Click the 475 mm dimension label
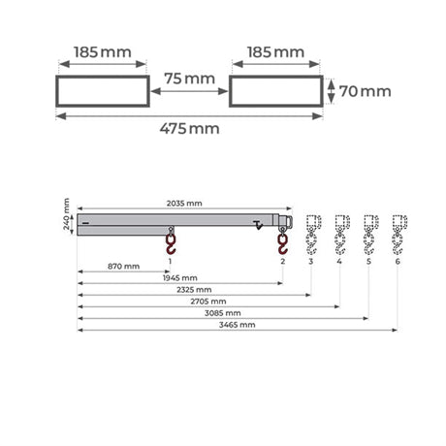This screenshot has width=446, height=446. tap(189, 129)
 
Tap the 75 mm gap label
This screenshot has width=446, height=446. tap(189, 79)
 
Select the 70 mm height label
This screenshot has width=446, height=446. tap(365, 91)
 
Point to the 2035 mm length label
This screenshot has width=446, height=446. tap(184, 204)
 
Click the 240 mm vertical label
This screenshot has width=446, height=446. tap(66, 214)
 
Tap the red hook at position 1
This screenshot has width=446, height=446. tap(171, 242)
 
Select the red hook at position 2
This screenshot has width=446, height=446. tap(283, 242)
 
